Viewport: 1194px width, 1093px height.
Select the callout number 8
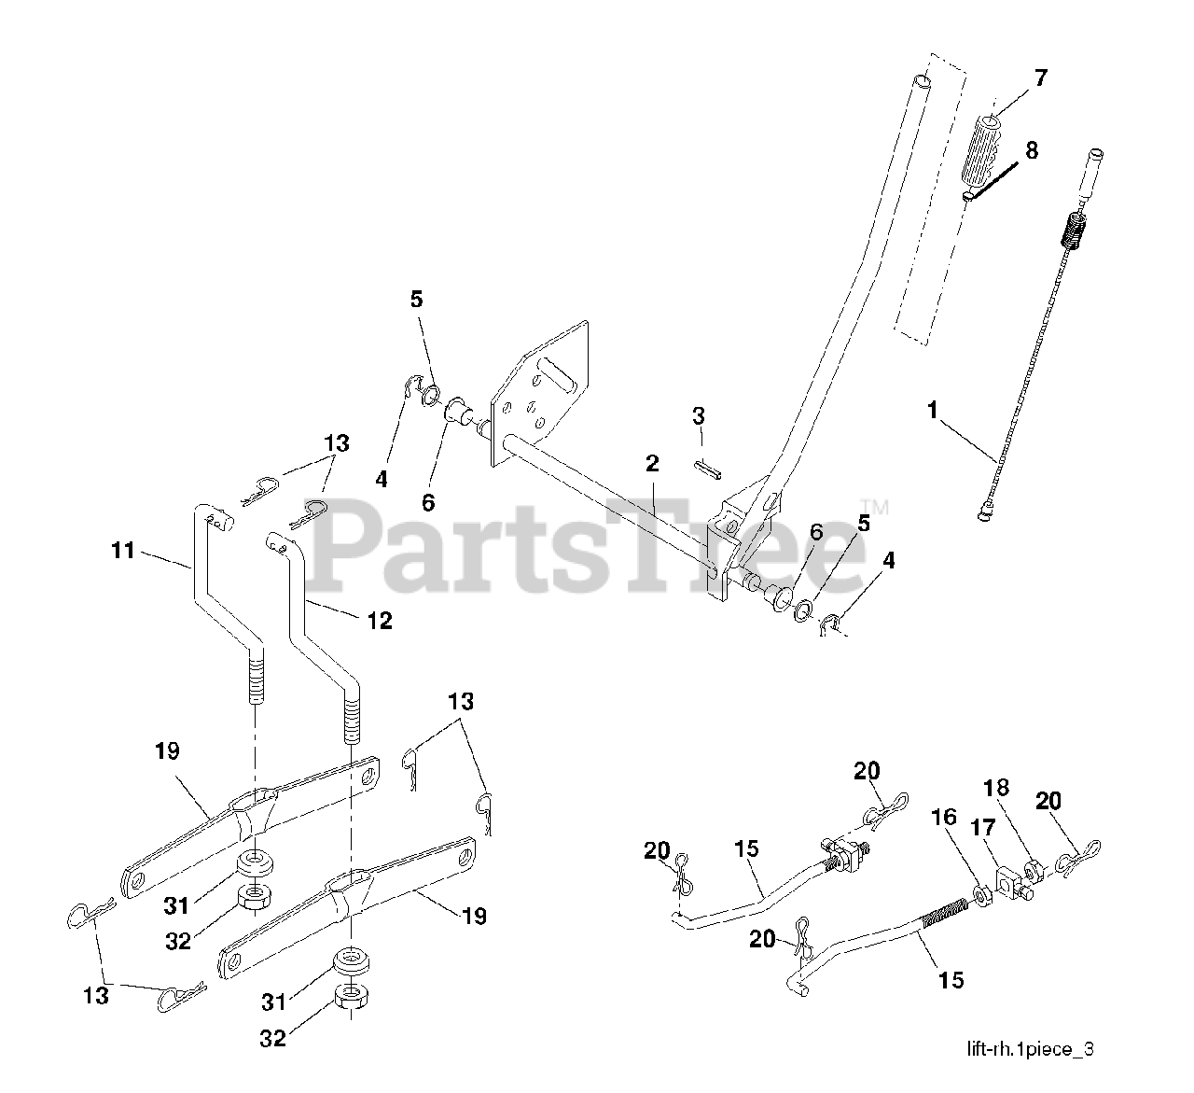pos(1031,150)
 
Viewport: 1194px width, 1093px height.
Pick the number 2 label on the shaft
pos(651,464)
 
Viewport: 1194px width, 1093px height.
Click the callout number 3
pos(699,415)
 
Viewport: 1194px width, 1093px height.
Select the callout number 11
pos(123,551)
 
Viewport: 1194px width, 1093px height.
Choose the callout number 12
pos(380,619)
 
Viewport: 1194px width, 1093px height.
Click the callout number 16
pos(943,818)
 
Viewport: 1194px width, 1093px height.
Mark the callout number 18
pos(996,789)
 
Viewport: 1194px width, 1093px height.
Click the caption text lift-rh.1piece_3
pos(1030,1049)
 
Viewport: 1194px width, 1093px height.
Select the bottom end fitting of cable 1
pos(984,510)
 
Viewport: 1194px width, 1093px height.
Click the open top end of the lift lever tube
pos(922,83)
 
